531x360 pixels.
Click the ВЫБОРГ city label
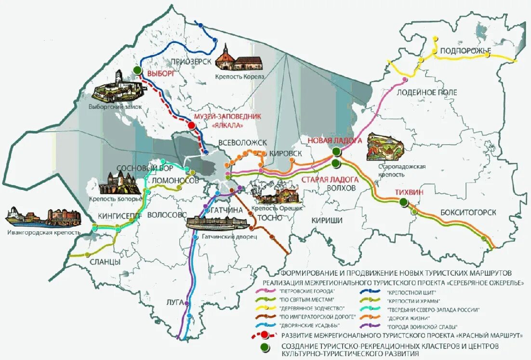(160, 74)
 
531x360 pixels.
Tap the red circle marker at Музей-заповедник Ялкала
(191, 126)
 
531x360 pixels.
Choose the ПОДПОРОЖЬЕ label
(465, 51)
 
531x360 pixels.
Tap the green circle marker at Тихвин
(404, 203)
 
